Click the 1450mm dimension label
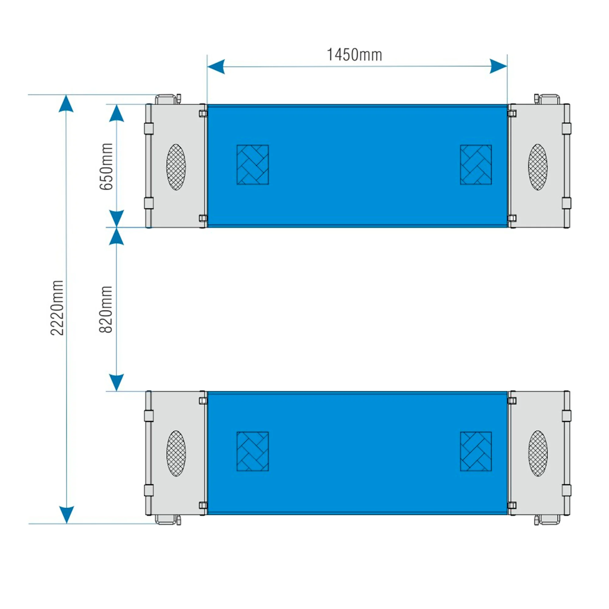(354, 55)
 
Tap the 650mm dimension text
(106, 167)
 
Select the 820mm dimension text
(106, 309)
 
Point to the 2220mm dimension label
(57, 308)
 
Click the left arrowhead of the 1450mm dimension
(216, 66)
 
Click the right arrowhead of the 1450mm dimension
(498, 66)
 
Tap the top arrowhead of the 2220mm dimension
(66, 104)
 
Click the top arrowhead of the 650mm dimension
(116, 113)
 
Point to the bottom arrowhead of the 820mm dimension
(116, 383)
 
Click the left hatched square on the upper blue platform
(252, 164)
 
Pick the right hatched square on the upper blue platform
(476, 164)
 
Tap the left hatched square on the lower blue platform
(252, 451)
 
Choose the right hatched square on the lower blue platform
(476, 451)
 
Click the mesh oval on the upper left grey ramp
(176, 167)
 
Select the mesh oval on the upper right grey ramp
(538, 167)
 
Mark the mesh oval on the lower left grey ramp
(176, 454)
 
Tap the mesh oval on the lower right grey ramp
(538, 454)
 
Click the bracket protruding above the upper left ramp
(168, 99)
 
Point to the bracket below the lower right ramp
(547, 520)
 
